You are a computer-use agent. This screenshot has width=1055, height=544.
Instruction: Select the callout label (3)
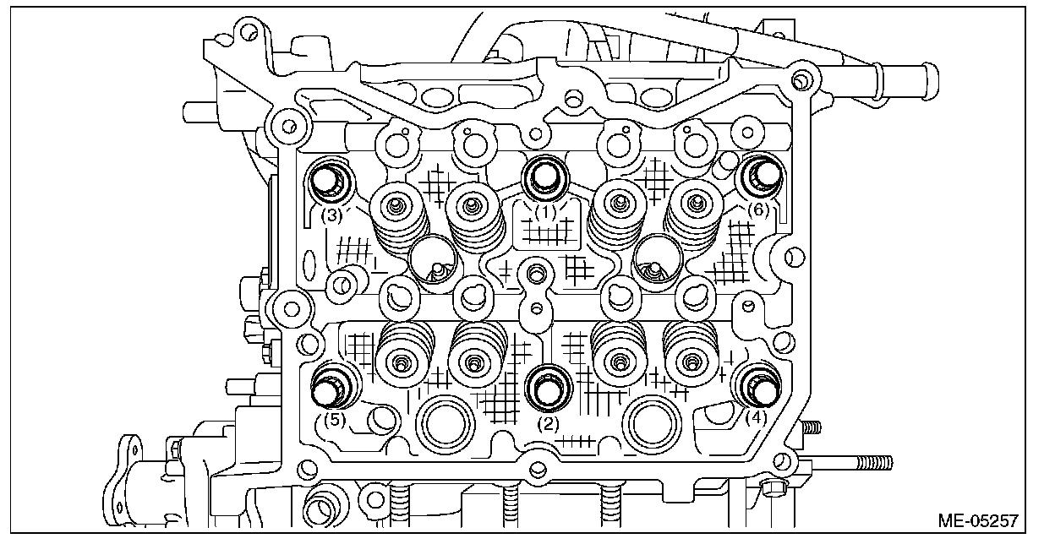point(331,215)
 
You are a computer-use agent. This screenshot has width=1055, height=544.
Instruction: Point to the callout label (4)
point(756,416)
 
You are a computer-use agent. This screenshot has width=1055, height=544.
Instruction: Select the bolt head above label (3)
point(326,180)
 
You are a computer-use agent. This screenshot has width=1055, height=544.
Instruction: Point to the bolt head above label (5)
point(328,389)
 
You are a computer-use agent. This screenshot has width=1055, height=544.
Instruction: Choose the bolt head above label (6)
point(763,176)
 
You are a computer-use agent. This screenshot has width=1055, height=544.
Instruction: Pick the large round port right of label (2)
point(653,423)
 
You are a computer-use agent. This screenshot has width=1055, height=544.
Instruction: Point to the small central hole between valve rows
point(533,274)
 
